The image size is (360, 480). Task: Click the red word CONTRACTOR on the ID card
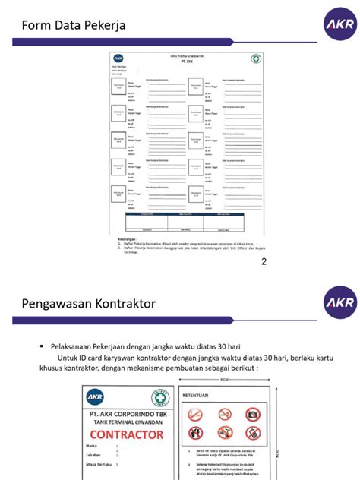(x=125, y=434)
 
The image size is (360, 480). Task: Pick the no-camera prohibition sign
(x=252, y=415)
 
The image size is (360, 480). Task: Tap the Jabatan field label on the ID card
(x=95, y=453)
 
